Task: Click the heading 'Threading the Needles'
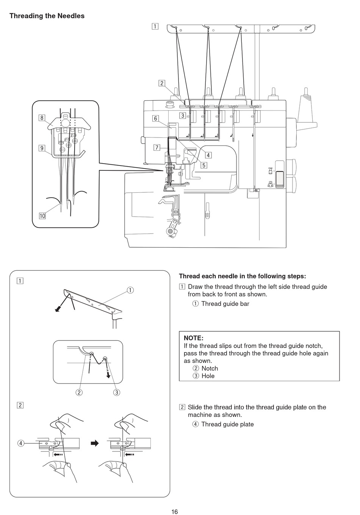coord(47,16)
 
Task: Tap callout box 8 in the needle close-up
coord(42,118)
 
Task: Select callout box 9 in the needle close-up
coord(42,148)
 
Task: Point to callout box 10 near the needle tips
coord(42,216)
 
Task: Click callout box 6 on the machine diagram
coord(155,118)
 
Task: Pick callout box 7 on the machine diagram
coord(157,147)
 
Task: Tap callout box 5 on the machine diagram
coord(204,165)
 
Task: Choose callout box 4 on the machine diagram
coord(208,155)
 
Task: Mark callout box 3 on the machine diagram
coord(183,115)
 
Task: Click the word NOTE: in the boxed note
coord(194,338)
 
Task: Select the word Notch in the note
coord(210,368)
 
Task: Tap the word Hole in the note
coord(208,376)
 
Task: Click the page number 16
coord(175,512)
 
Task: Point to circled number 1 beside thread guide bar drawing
coord(130,290)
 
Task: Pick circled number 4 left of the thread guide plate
coord(21,443)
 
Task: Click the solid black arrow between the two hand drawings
coord(95,443)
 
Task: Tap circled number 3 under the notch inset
coord(117,392)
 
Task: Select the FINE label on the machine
coord(270,168)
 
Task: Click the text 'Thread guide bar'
coord(225,304)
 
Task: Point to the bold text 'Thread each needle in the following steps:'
coord(243,276)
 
